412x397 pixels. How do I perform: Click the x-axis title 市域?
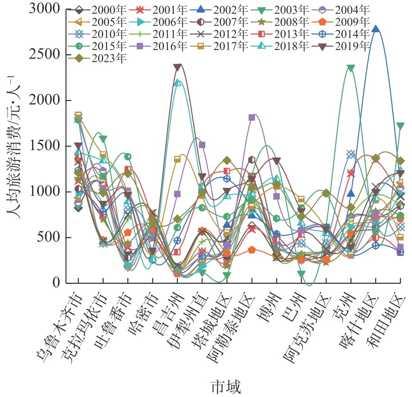pos(225,387)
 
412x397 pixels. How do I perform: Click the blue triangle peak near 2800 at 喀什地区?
pos(376,29)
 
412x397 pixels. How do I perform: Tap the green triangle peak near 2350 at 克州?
pos(350,68)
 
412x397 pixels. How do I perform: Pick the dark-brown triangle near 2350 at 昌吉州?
pos(177,68)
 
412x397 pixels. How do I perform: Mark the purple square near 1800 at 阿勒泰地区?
pos(252,118)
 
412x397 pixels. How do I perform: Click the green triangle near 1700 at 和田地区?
pos(400,126)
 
